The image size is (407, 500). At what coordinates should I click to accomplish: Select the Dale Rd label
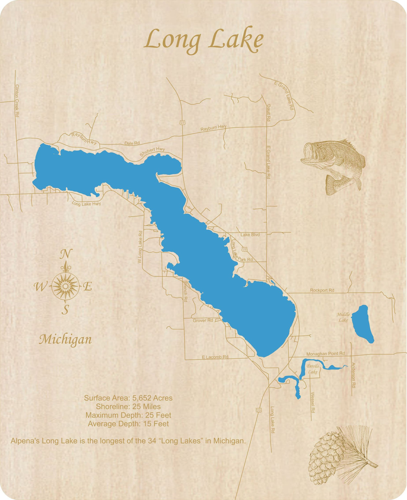(x=132, y=143)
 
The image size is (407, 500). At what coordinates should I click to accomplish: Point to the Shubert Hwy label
(x=152, y=152)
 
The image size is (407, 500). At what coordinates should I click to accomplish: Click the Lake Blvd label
(x=250, y=234)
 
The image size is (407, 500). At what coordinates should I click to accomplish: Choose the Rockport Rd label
(x=322, y=290)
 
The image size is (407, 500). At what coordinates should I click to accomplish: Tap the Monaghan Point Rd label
(x=325, y=354)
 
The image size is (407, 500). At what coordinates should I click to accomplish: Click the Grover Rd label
(x=203, y=320)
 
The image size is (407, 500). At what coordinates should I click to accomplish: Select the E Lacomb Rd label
(x=215, y=357)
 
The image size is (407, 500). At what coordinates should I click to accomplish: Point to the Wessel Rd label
(x=313, y=402)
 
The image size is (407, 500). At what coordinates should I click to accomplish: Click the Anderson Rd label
(x=353, y=375)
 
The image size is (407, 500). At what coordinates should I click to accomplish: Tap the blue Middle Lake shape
(x=362, y=324)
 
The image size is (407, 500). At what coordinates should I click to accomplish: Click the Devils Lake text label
(x=313, y=369)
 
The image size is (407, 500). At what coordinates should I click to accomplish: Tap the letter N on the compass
(x=66, y=254)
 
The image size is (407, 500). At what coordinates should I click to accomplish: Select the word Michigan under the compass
(x=65, y=339)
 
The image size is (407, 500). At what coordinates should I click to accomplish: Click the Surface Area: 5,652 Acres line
(x=128, y=398)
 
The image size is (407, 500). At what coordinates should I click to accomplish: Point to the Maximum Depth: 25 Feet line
(x=128, y=415)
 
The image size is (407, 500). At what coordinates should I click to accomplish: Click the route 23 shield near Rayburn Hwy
(x=183, y=122)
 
